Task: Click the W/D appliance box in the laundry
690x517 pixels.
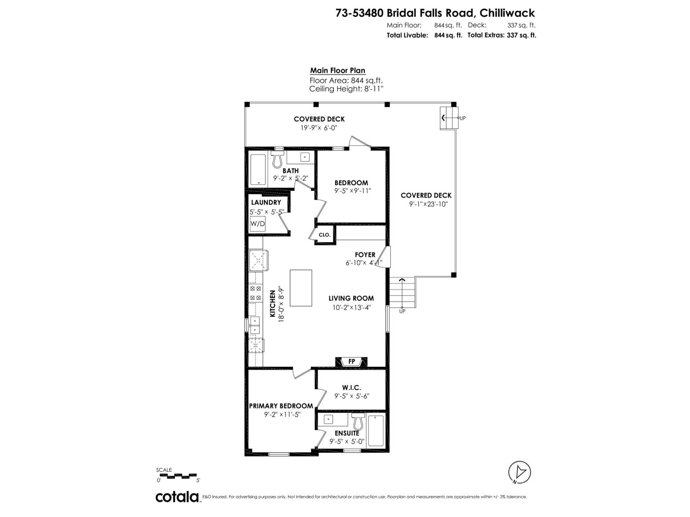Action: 258,224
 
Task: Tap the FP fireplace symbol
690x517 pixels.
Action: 351,361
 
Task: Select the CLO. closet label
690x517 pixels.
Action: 324,235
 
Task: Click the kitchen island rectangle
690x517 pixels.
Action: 301,288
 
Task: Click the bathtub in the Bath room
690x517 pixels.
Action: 257,169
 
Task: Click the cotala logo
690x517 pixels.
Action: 177,497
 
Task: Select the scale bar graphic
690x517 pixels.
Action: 179,476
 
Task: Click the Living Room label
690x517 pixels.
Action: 351,298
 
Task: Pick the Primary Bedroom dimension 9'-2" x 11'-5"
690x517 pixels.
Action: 282,414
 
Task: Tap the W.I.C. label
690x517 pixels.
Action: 351,388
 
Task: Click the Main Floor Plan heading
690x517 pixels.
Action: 338,71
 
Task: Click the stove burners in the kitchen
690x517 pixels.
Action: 255,293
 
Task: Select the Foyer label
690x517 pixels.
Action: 365,255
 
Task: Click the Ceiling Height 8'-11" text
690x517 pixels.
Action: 346,89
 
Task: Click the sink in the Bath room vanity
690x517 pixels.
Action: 304,156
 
